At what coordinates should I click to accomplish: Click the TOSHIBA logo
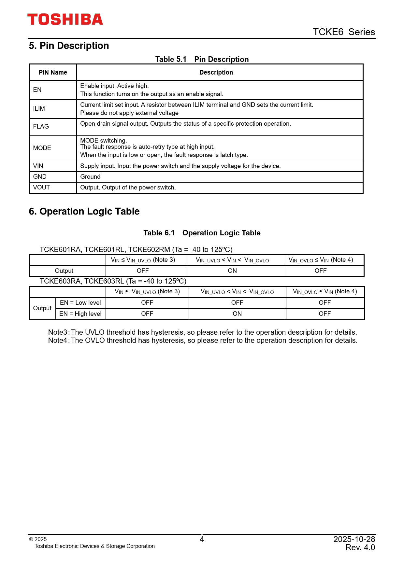[x=65, y=20]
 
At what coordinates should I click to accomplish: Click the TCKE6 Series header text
[x=344, y=32]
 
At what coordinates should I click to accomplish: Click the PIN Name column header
[x=53, y=73]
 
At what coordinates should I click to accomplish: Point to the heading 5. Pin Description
[x=69, y=46]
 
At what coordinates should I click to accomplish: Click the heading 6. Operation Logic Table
[x=84, y=211]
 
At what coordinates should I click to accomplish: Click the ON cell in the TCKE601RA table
[x=232, y=271]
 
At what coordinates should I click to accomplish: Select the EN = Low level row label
[x=80, y=303]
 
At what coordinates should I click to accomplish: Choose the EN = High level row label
[x=80, y=314]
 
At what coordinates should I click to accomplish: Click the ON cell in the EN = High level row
[x=237, y=314]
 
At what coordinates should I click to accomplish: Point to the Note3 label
[x=58, y=332]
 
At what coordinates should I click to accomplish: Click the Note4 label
[x=58, y=341]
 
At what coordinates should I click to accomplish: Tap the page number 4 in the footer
[x=202, y=539]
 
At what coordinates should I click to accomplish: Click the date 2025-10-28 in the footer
[x=354, y=539]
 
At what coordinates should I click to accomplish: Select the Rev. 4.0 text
[x=360, y=548]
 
